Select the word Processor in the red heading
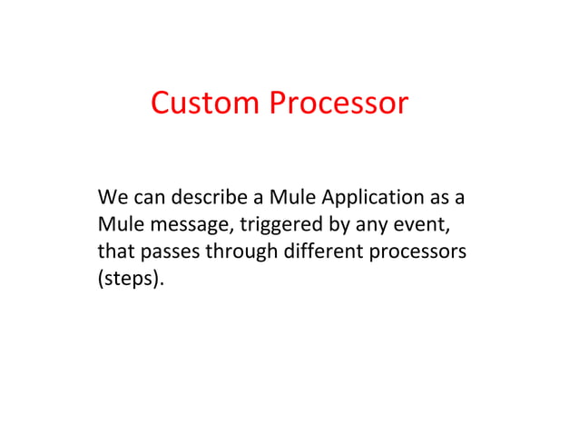tap(338, 104)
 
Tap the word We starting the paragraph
tap(110, 197)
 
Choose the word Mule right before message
tap(115, 223)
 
